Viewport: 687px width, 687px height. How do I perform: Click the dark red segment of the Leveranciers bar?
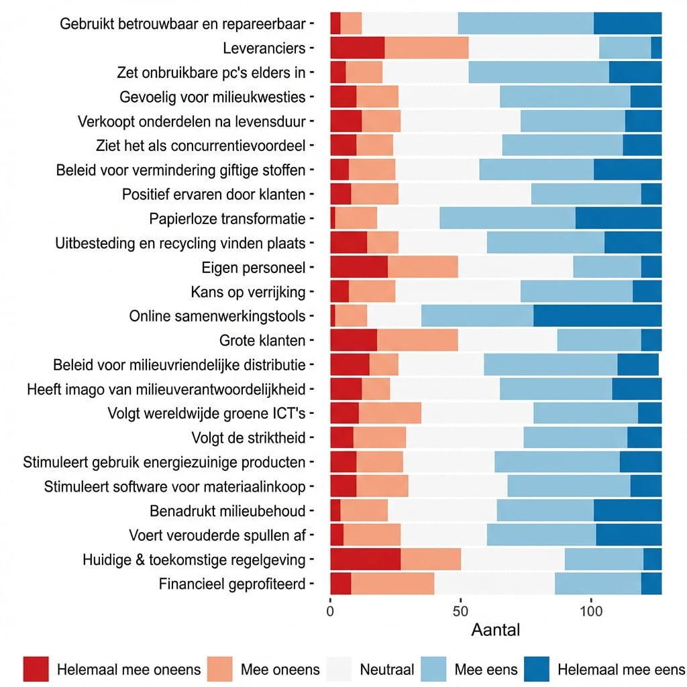pos(357,48)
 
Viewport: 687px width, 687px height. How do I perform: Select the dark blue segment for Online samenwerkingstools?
pos(597,316)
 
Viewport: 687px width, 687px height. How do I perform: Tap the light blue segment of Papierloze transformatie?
pos(507,219)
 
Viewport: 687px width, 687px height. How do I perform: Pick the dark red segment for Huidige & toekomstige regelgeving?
pos(365,559)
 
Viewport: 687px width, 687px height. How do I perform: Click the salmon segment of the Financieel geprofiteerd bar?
pos(392,584)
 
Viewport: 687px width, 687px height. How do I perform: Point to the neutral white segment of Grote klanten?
pos(507,341)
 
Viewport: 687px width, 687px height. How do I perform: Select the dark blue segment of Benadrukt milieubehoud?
pos(627,511)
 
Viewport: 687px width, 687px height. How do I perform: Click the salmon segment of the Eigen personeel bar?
pos(423,268)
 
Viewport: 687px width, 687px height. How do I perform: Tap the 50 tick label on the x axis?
pos(460,612)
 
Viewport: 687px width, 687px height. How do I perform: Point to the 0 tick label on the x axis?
pos(330,612)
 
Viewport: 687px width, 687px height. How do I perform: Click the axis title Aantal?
pos(495,631)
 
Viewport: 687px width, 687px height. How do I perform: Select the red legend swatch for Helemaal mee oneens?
pos(36,669)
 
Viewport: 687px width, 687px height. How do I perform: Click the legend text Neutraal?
pos(386,670)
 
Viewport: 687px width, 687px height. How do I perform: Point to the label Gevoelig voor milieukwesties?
pos(212,97)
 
